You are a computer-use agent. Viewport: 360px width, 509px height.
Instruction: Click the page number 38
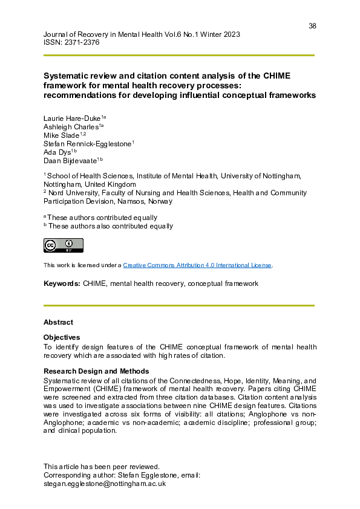[312, 26]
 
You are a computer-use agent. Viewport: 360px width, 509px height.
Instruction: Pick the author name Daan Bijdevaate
[70, 160]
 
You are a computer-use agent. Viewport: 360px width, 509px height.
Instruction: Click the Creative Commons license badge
[63, 245]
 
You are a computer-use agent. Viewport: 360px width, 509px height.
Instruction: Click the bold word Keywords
[62, 283]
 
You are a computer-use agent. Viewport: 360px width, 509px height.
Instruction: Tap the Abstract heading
[58, 322]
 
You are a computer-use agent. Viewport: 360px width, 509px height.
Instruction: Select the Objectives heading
[62, 337]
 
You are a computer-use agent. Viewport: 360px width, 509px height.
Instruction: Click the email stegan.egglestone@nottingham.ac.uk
[105, 484]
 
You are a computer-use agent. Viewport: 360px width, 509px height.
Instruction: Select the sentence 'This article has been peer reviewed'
[102, 467]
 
